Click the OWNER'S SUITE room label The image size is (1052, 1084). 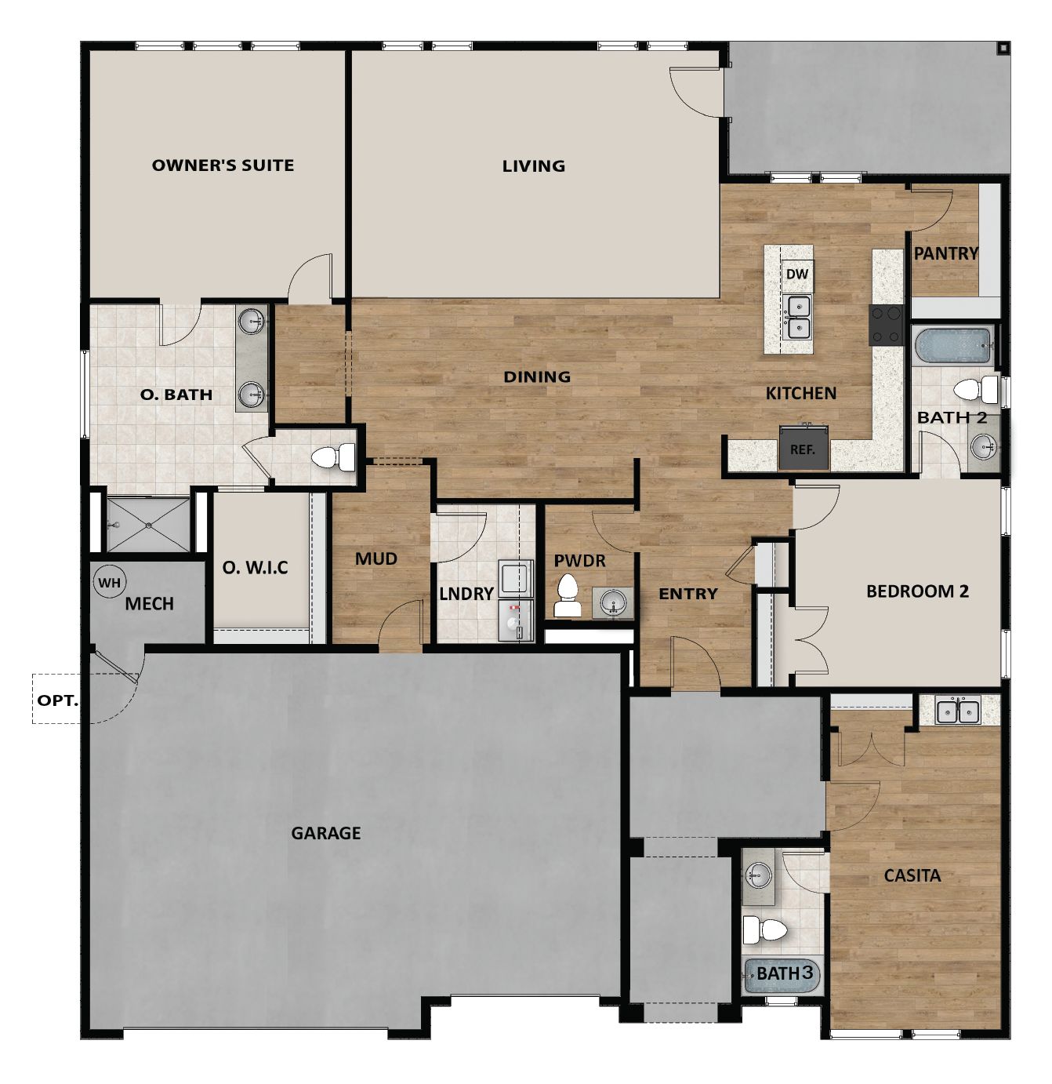(223, 166)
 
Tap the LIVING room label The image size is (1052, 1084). (534, 166)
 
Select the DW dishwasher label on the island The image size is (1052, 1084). (796, 275)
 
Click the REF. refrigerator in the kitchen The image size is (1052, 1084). (803, 449)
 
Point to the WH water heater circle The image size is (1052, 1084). (109, 583)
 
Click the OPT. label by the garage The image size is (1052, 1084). (58, 700)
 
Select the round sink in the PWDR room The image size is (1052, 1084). (613, 603)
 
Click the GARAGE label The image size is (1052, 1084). (326, 833)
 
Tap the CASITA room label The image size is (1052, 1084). (912, 875)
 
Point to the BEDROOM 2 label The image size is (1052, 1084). (917, 591)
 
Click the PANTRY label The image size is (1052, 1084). (946, 253)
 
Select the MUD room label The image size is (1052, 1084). (376, 559)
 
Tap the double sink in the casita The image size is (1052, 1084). (958, 711)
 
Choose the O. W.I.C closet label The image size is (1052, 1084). (256, 567)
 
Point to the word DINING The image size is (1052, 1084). (537, 377)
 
